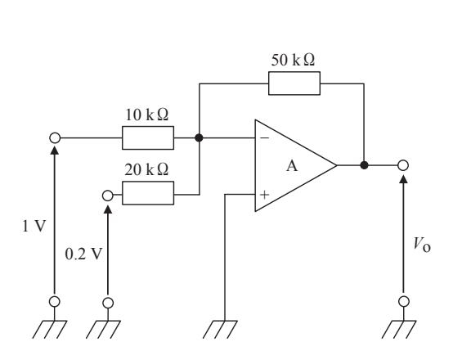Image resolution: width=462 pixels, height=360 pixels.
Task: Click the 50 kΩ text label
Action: pyautogui.click(x=293, y=60)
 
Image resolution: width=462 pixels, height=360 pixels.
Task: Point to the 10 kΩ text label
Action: pyautogui.click(x=146, y=115)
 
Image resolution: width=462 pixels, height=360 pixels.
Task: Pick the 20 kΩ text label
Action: pyautogui.click(x=146, y=169)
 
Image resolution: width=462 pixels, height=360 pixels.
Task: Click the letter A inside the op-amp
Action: pyautogui.click(x=292, y=166)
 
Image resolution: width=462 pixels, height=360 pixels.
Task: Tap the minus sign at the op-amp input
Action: pyautogui.click(x=265, y=137)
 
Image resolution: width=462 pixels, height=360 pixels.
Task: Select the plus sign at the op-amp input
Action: pyautogui.click(x=265, y=195)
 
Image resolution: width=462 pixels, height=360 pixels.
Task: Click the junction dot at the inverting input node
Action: pyautogui.click(x=200, y=137)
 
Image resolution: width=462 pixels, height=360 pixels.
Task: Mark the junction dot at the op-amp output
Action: pyautogui.click(x=364, y=165)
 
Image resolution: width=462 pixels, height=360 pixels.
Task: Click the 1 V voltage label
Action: pyautogui.click(x=34, y=227)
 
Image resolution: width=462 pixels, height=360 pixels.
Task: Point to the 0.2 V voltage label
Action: pyautogui.click(x=83, y=254)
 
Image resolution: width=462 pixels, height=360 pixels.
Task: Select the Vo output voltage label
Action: pyautogui.click(x=422, y=245)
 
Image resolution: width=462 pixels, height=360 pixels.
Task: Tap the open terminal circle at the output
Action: pyautogui.click(x=403, y=165)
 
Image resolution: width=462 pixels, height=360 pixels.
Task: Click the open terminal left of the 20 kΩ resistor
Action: pyautogui.click(x=108, y=196)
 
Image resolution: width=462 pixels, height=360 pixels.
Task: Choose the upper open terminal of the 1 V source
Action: pyautogui.click(x=55, y=137)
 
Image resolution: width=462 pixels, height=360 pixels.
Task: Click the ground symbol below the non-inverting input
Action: pyautogui.click(x=220, y=330)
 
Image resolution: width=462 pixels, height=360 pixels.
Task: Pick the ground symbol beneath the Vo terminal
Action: pyautogui.click(x=399, y=330)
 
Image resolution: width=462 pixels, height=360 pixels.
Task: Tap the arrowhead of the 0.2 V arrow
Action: pyautogui.click(x=108, y=209)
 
